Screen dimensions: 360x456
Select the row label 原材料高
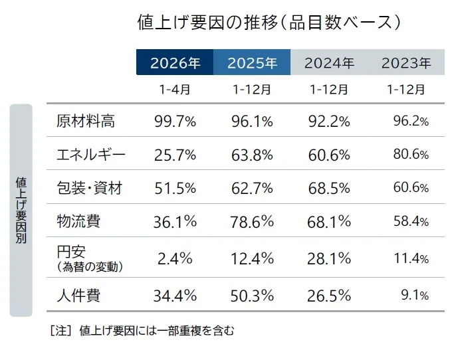click(86, 121)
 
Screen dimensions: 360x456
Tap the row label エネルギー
click(92, 155)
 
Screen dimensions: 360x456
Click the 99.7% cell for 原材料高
click(175, 121)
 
